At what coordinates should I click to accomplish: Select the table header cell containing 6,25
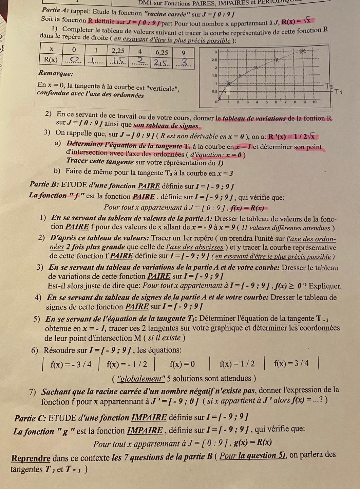coord(162,52)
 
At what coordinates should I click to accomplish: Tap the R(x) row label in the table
coord(51,60)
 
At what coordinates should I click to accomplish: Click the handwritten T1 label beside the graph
coord(339,91)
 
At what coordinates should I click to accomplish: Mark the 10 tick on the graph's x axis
coord(314,102)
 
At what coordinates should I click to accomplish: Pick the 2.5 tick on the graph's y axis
coord(214,59)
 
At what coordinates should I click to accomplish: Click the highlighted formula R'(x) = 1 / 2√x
coord(292,137)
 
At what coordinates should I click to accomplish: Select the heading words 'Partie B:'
coord(44,185)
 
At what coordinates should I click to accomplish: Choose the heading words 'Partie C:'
coord(30,418)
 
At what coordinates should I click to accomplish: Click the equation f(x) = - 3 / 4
coord(71,365)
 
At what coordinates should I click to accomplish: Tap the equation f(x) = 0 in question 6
coord(183,364)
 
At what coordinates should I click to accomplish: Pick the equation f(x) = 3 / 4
coord(291,364)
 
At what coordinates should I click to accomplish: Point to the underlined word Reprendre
coord(31,458)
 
